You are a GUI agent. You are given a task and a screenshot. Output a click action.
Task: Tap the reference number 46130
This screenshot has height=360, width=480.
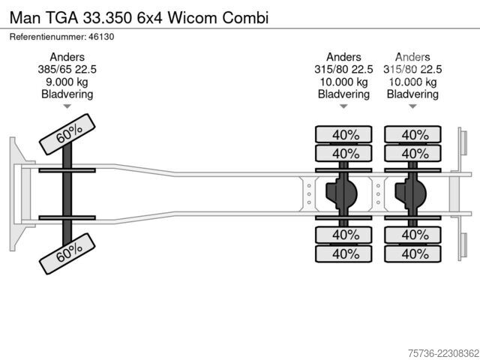(101, 37)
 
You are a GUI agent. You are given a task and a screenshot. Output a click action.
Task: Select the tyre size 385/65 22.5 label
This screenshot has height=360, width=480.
(67, 70)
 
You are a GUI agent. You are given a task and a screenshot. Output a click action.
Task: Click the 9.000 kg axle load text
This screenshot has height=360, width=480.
(67, 82)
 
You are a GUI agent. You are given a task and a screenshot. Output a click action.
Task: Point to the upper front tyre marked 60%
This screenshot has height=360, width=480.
(67, 134)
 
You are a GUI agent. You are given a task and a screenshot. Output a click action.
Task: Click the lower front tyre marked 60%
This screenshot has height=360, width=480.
(67, 253)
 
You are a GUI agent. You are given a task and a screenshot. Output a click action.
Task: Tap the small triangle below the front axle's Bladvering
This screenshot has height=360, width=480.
(67, 106)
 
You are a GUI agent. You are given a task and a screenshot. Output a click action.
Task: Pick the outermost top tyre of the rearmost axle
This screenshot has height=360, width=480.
(412, 134)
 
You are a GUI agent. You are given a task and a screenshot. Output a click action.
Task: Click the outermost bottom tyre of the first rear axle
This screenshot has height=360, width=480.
(343, 253)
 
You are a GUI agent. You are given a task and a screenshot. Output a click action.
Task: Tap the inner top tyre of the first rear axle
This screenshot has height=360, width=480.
(343, 153)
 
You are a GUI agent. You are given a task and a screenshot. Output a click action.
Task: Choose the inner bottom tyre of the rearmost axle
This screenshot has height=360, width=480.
(412, 235)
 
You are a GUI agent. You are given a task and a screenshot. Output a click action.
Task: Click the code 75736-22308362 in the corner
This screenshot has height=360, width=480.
(443, 353)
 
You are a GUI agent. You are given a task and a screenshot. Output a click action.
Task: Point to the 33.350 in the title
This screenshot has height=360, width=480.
(107, 18)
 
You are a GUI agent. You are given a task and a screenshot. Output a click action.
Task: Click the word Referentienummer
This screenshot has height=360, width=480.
(48, 37)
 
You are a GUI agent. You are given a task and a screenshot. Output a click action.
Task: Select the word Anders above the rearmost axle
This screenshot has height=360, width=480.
(412, 57)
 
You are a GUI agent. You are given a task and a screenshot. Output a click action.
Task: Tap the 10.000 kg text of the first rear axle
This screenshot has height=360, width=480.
(343, 82)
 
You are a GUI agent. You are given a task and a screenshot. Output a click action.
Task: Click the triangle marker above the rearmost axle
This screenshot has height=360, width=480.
(412, 106)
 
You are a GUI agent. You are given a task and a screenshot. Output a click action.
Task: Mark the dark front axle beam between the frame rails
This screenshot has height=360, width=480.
(67, 193)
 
